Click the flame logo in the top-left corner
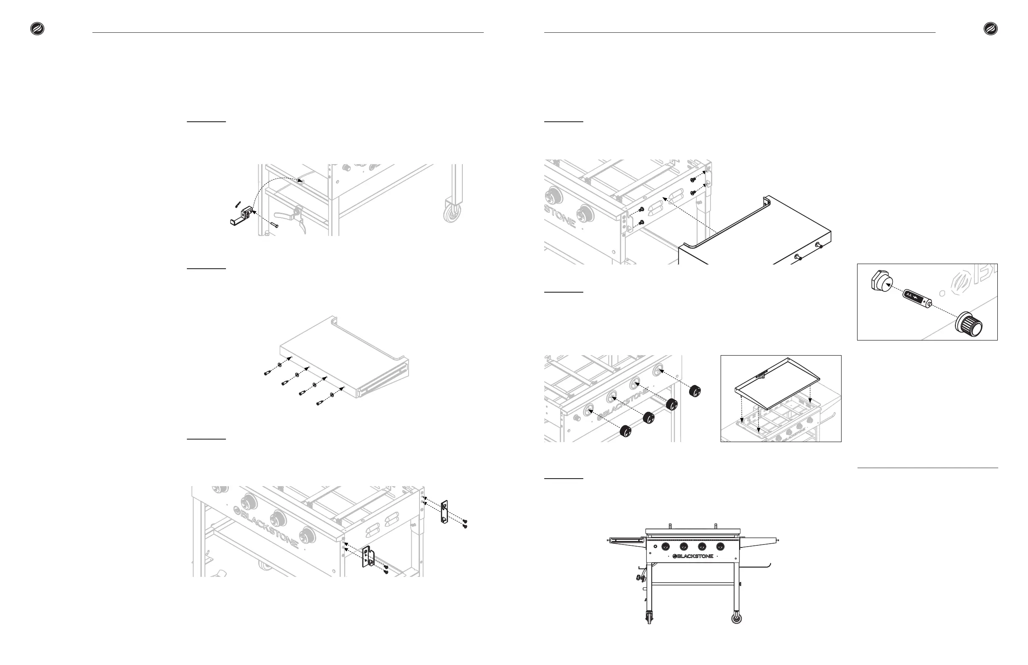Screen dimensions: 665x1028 point(37,29)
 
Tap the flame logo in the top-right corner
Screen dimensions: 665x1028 point(991,29)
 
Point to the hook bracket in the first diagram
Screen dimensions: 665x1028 point(241,216)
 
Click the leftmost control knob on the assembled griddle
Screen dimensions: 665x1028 point(666,547)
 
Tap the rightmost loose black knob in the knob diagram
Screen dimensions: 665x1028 point(695,391)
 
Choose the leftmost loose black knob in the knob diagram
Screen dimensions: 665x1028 point(626,430)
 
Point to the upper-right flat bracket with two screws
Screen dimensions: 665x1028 point(444,512)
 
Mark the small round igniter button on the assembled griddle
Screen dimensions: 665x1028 point(655,547)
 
